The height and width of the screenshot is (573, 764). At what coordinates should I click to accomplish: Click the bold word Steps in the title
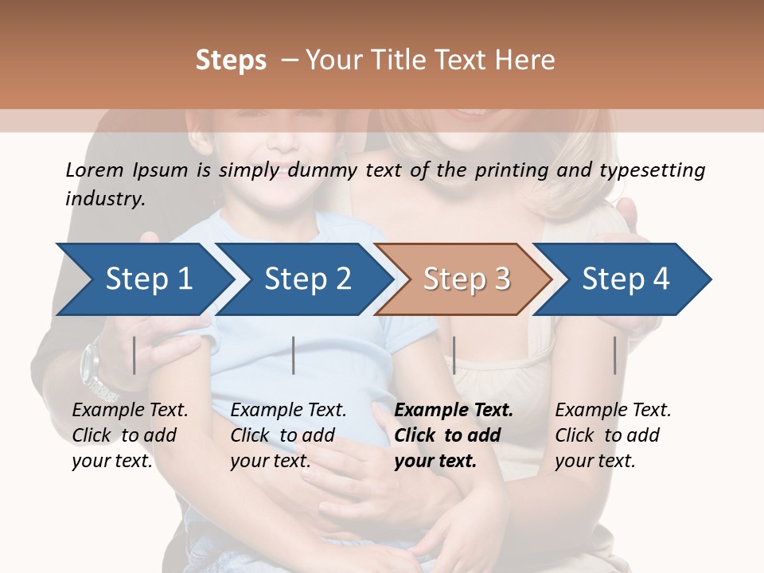coord(231,60)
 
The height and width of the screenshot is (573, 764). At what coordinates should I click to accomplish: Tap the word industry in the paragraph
coord(103,198)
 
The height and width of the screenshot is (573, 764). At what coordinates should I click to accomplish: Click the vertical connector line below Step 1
coord(134,355)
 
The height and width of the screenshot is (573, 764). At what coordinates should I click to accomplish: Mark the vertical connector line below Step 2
coord(294,355)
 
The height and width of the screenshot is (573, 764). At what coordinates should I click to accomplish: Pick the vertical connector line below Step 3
coord(454,355)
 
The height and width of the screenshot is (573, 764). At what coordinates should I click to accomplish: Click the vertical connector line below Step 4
coord(615,355)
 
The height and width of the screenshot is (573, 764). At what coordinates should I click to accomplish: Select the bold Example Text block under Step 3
coord(453,435)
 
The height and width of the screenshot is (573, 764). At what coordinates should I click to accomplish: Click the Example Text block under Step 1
coord(130,435)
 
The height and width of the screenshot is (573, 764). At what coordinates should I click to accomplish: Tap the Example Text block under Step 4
coord(612,435)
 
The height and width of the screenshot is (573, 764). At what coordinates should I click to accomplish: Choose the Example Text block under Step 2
coord(288,435)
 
